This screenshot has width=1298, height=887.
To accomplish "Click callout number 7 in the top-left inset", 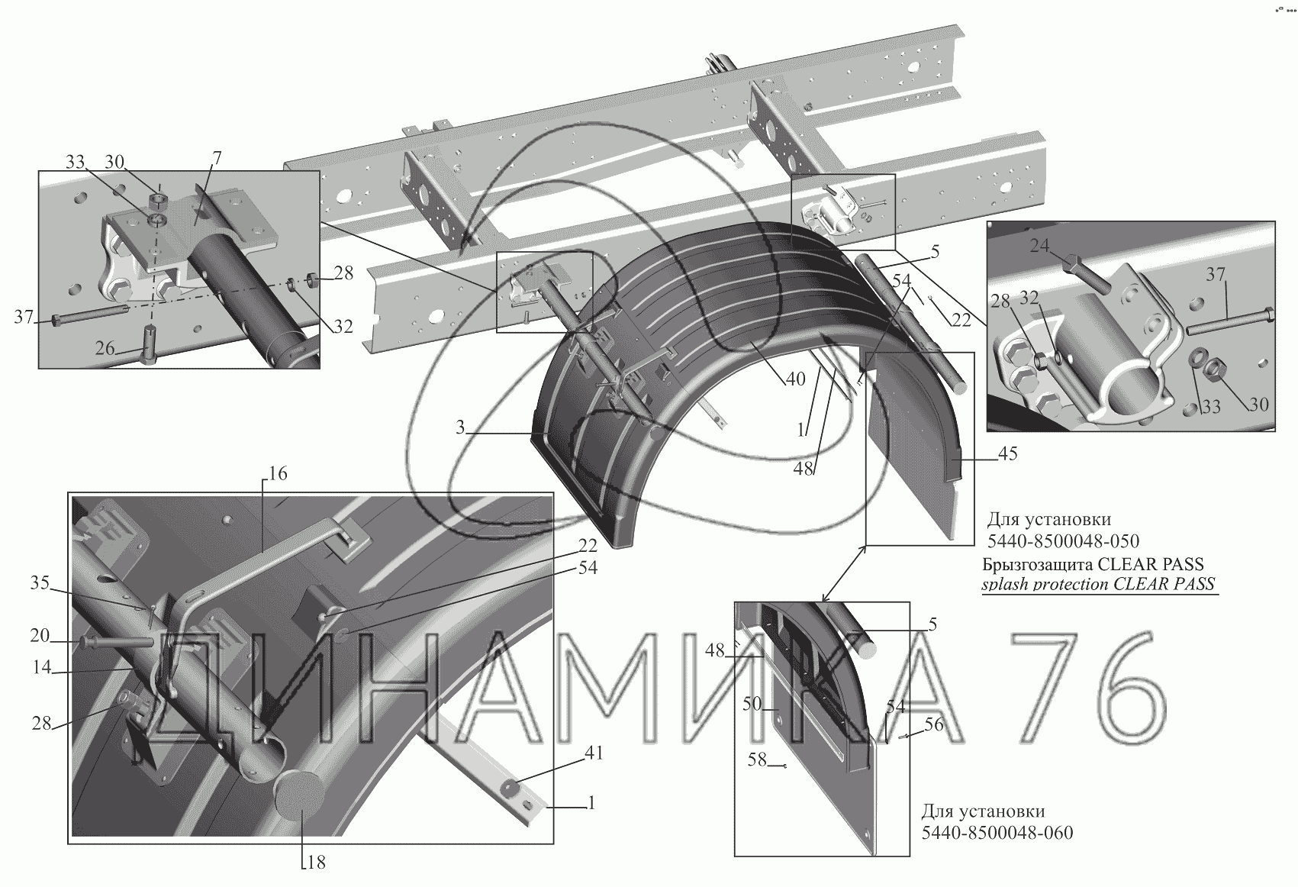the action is tap(217, 159).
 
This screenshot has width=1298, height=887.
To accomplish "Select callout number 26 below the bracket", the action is tap(105, 349).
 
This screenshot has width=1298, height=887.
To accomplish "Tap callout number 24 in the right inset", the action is tap(1039, 247).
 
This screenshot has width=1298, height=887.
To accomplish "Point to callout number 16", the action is tap(278, 474).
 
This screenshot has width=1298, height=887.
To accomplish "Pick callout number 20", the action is tap(40, 636).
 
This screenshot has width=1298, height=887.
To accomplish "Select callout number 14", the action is tap(42, 667).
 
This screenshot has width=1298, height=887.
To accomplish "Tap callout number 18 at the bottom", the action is tap(315, 863).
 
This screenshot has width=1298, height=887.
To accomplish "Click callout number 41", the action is tap(594, 753).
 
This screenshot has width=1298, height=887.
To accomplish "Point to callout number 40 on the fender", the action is tap(795, 379).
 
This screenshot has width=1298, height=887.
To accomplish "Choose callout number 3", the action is tap(460, 427).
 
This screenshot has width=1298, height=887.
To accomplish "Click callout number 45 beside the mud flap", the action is tap(1008, 454).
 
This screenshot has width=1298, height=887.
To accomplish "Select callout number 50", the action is tap(752, 704).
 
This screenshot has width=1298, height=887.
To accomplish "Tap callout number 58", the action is tap(756, 760).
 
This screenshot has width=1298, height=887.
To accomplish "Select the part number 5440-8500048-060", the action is tap(997, 832).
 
